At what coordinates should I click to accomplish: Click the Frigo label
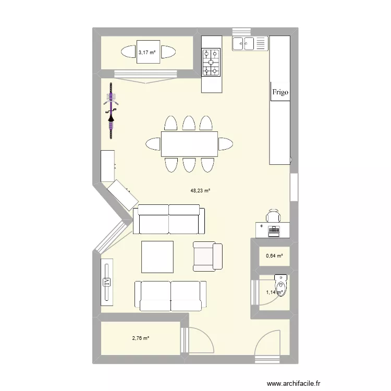click(x=280, y=92)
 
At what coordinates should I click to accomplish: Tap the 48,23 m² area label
click(x=200, y=191)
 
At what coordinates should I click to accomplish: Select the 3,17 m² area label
click(x=146, y=52)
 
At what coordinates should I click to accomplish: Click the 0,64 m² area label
click(x=274, y=256)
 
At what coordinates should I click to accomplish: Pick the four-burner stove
click(x=211, y=62)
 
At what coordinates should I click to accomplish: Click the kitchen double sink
click(x=250, y=44)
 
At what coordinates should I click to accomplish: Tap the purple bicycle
click(x=111, y=111)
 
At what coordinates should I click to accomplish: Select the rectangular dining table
click(x=189, y=144)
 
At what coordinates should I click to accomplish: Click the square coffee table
click(x=157, y=256)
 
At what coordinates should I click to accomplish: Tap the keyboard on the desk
click(x=274, y=229)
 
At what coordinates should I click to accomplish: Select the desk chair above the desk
click(x=273, y=215)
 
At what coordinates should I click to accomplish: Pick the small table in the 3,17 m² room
click(x=148, y=52)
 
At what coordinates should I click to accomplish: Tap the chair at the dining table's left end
click(x=153, y=144)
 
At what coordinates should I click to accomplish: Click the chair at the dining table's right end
click(x=225, y=144)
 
